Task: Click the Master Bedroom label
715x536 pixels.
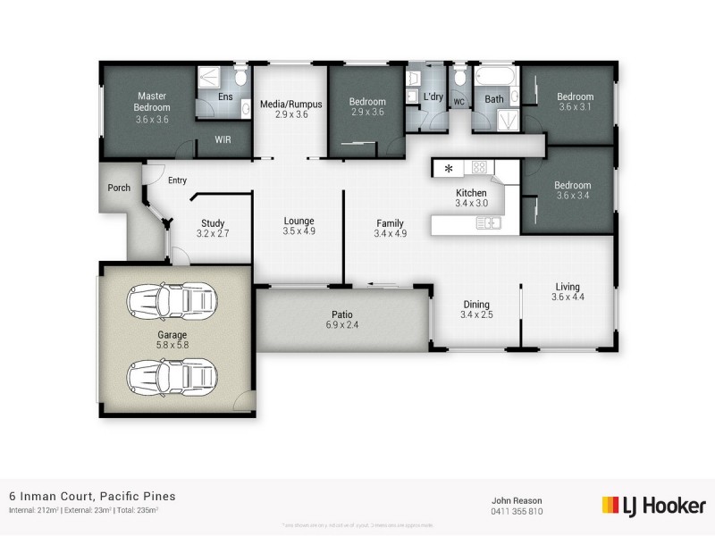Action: click(152, 102)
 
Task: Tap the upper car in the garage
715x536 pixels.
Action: click(172, 302)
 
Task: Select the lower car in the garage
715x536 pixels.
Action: click(172, 376)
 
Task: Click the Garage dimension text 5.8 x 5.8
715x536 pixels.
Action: click(172, 345)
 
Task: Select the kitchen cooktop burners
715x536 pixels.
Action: click(478, 167)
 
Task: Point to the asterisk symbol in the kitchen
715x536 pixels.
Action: click(449, 168)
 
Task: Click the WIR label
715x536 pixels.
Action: click(223, 139)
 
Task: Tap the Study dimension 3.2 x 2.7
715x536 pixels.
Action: click(213, 234)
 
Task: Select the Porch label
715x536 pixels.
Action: click(119, 188)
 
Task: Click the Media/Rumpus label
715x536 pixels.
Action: click(290, 104)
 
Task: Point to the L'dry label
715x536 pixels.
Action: click(433, 96)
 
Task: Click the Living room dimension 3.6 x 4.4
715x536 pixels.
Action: click(568, 297)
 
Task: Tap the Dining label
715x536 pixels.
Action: click(475, 304)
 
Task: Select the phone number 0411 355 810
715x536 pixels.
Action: click(517, 512)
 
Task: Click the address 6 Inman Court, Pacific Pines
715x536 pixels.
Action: click(92, 496)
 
